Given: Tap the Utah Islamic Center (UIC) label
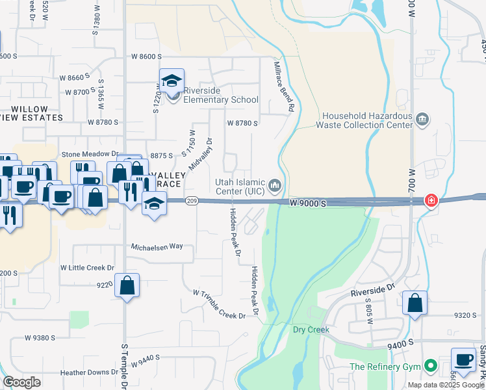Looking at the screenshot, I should [x=240, y=186].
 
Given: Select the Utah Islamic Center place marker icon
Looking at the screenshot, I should [x=274, y=187].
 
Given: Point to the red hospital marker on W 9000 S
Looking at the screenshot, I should [x=430, y=201].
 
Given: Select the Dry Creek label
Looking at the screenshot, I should [x=311, y=330].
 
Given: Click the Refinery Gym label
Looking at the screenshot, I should [x=385, y=367].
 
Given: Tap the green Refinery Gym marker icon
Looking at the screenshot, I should [x=429, y=367].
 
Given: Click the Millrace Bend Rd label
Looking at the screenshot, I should [x=283, y=84].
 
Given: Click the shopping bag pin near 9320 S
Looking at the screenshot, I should [x=415, y=303].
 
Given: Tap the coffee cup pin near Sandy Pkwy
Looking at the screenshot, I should [x=464, y=361].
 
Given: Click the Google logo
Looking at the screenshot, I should [x=21, y=382].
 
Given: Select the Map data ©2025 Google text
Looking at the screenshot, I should [x=446, y=385].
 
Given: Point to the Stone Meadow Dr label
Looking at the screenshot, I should [x=90, y=154].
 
